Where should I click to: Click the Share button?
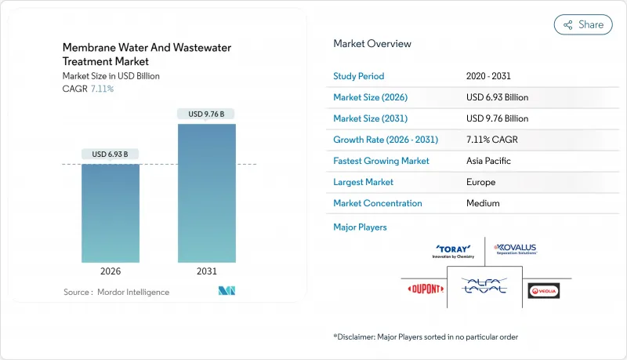click(583, 24)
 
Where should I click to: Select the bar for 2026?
click(111, 213)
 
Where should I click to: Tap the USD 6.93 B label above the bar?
click(111, 153)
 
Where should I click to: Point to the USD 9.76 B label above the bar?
click(206, 114)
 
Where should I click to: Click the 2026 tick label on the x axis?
click(111, 271)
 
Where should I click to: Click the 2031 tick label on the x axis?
click(206, 271)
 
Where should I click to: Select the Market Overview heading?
click(371, 43)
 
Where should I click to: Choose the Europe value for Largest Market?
click(480, 182)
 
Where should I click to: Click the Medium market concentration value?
click(482, 203)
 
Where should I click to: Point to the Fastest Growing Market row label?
click(381, 161)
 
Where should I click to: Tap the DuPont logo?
click(425, 289)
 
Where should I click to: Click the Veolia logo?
click(544, 290)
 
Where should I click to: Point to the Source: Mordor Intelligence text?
click(116, 292)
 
